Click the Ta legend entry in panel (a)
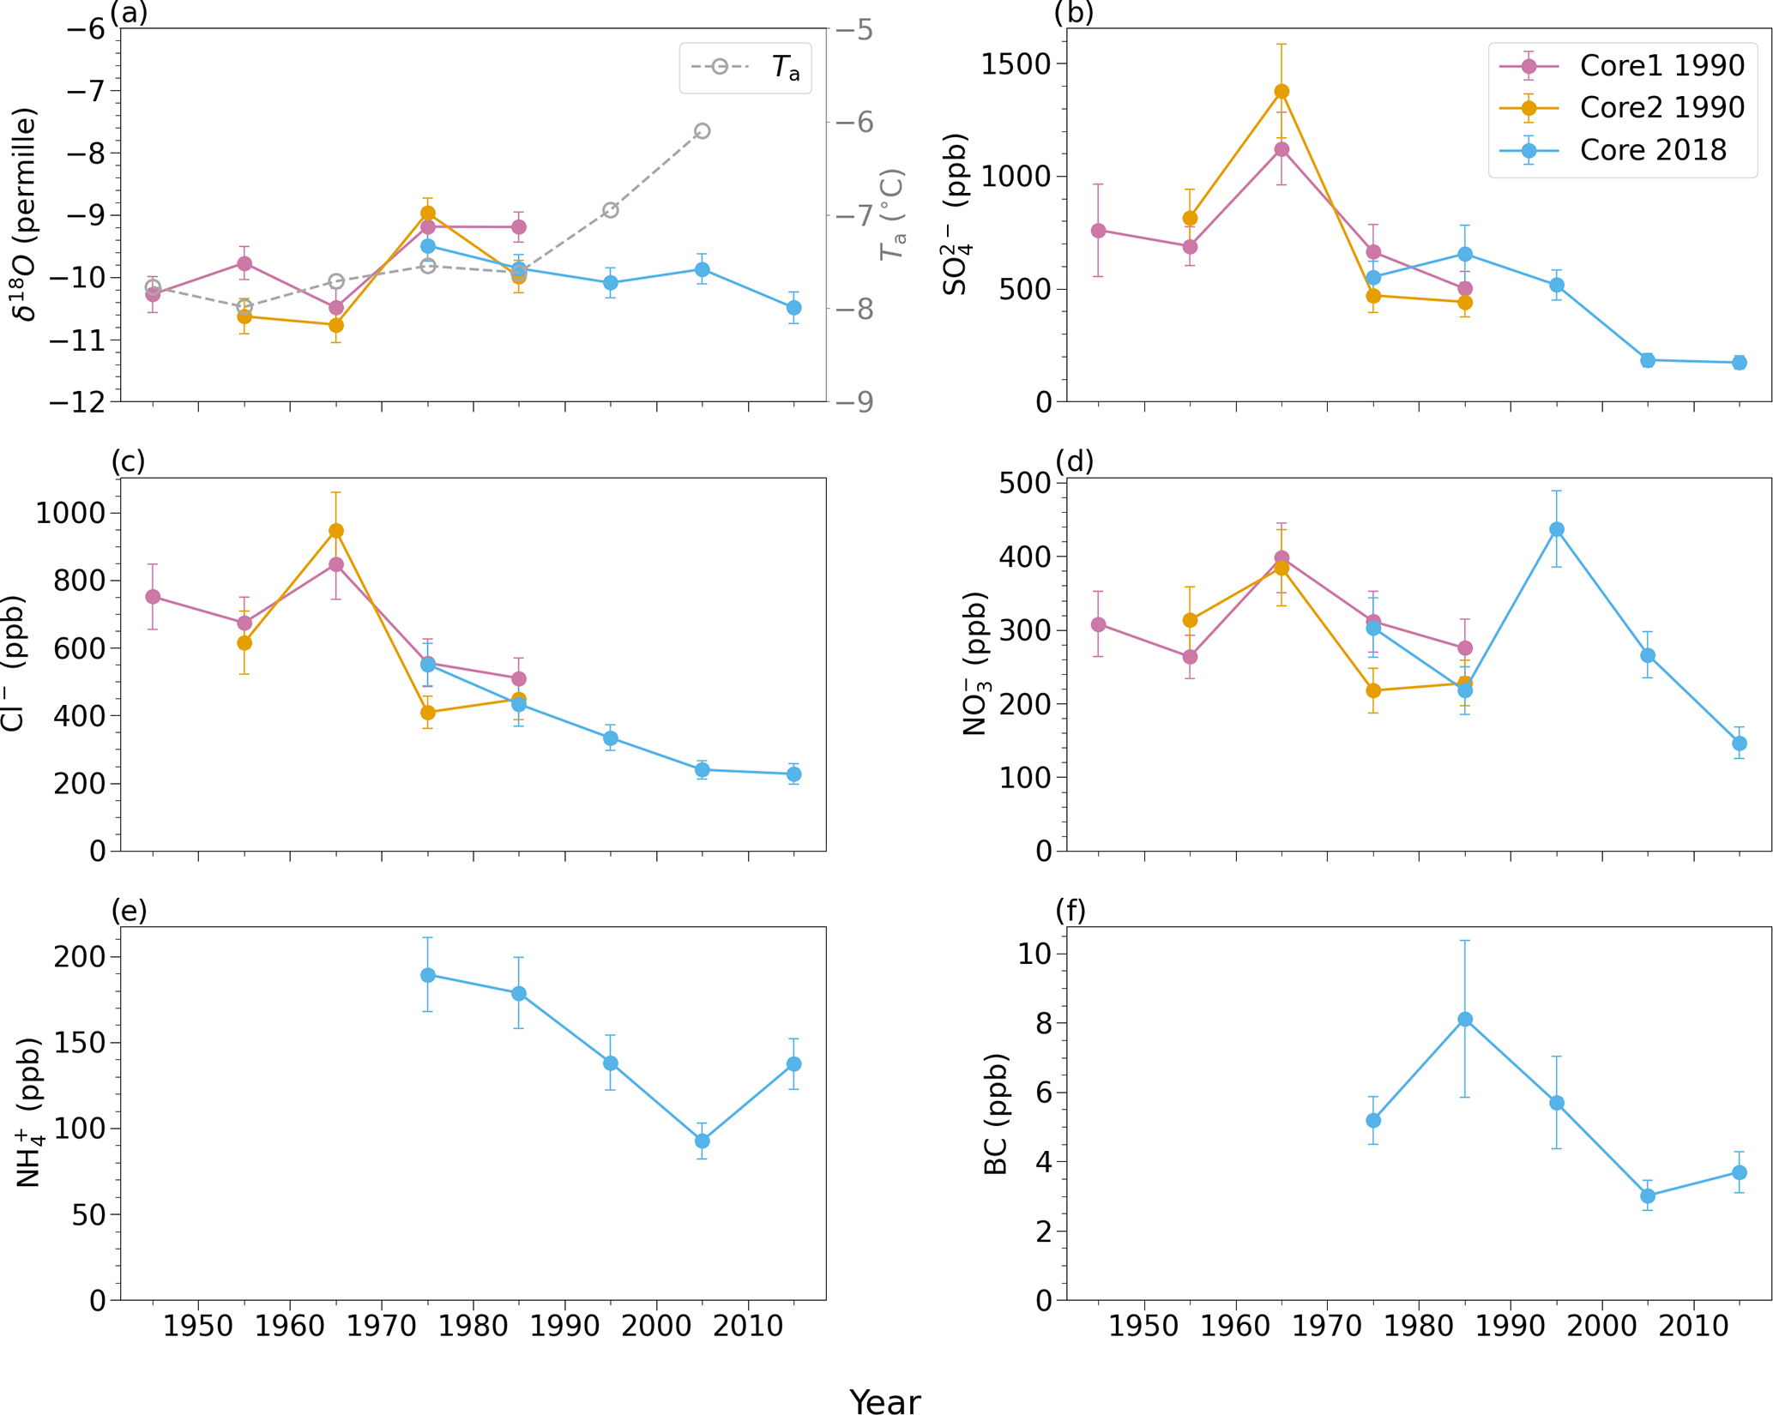point(785,67)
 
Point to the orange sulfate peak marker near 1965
point(1282,92)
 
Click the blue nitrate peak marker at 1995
point(1557,530)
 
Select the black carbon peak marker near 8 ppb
point(1465,1020)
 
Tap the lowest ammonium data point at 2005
point(703,1141)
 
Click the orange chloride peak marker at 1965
point(336,531)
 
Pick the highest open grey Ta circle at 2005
point(703,131)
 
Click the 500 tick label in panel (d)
point(1025,483)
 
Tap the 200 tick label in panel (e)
point(80,956)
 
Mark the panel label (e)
point(129,911)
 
